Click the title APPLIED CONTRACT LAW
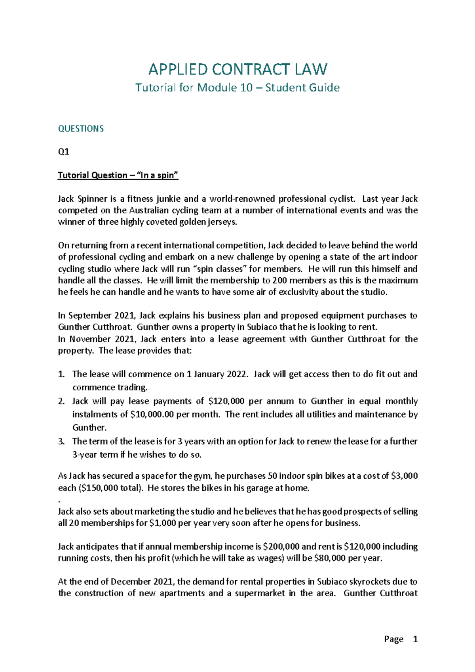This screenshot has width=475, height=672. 237,69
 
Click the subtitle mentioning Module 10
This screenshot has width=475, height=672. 237,88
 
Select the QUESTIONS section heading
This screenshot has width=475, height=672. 81,129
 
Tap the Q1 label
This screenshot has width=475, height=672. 63,152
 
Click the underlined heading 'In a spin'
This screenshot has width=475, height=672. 118,176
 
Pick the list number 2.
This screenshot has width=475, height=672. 61,401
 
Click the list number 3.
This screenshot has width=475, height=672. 61,441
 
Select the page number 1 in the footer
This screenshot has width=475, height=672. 415,639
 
